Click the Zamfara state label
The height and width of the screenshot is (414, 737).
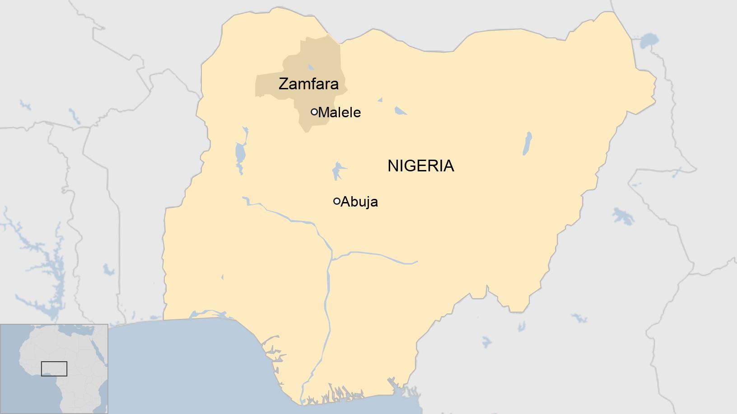pos(308,84)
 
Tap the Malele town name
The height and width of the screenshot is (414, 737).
pos(339,112)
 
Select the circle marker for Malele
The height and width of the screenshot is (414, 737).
pos(314,112)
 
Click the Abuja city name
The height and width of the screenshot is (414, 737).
pos(359,202)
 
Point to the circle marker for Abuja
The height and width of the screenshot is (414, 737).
pos(336,201)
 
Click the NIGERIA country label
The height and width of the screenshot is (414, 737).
pos(420,166)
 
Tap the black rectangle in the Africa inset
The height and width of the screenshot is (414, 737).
pos(54,368)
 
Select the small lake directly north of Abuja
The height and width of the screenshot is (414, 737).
pos(337,170)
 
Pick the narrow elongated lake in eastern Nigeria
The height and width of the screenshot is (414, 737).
pos(527,143)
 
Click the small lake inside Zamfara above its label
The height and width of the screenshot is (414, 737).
pos(311,67)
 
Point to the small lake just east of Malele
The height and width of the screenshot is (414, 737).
pos(400,110)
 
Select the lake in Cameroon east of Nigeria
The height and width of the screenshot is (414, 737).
pos(622,216)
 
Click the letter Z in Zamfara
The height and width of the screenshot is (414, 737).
pos(283,84)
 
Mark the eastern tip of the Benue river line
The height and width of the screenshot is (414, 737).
pos(417,261)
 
